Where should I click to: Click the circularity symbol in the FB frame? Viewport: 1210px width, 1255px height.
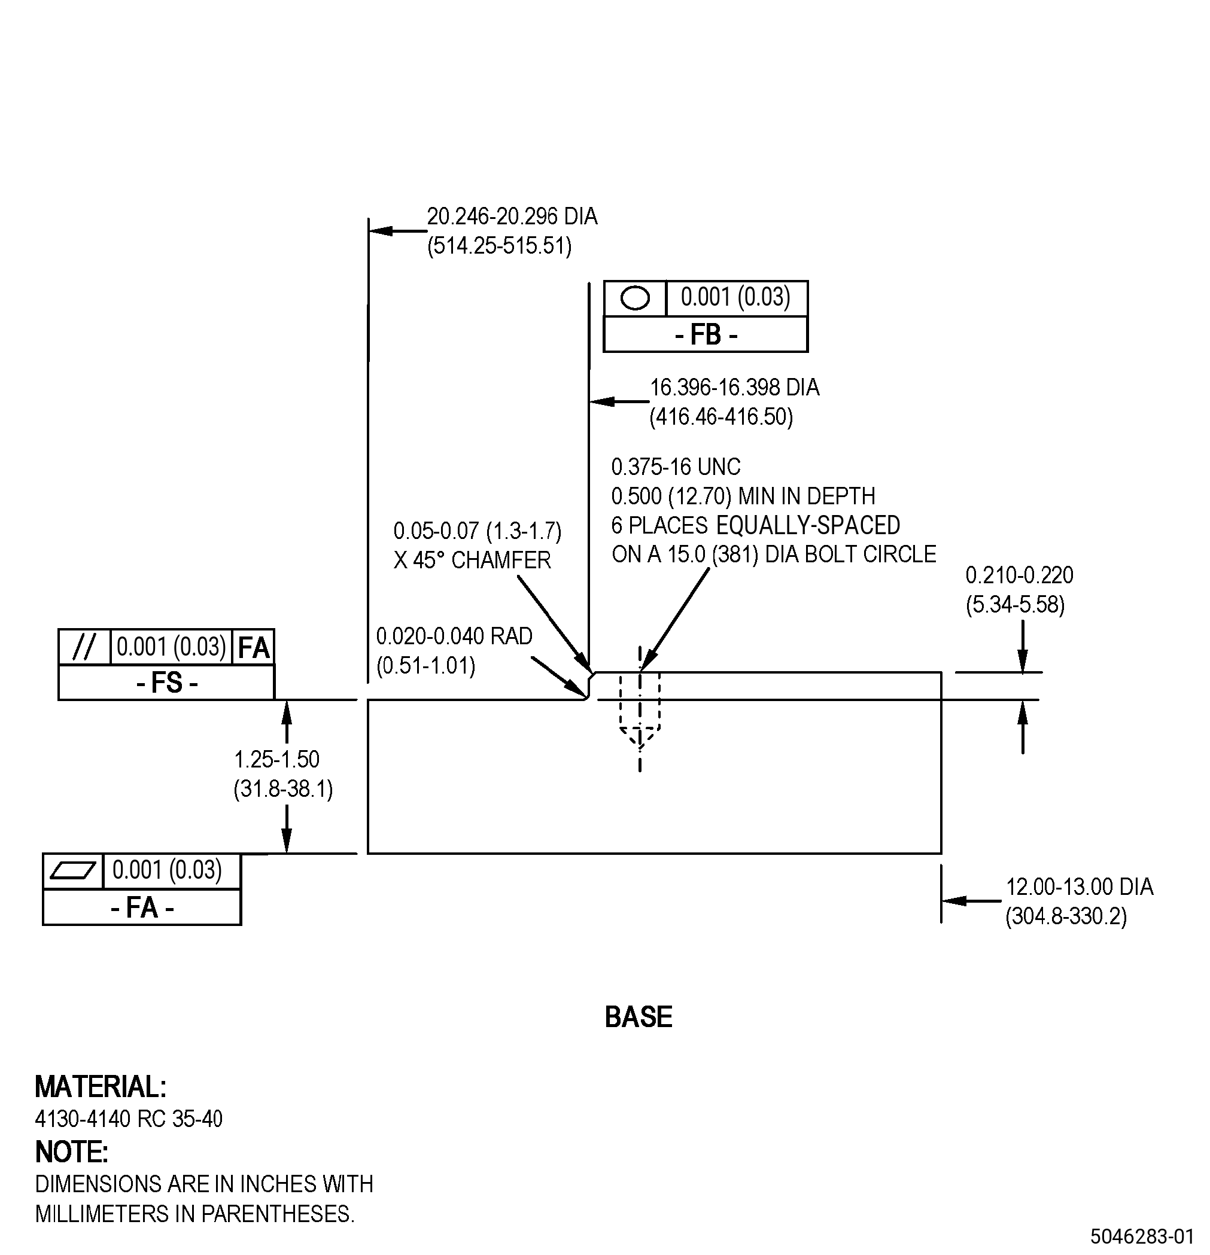click(x=635, y=298)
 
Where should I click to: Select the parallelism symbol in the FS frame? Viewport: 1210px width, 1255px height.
click(x=84, y=647)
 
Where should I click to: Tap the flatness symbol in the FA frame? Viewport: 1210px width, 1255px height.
click(x=72, y=871)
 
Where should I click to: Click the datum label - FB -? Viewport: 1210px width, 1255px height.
click(x=706, y=335)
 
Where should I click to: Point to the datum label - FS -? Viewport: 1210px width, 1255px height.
click(x=166, y=683)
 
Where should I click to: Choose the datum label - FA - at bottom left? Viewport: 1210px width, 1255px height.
click(x=142, y=907)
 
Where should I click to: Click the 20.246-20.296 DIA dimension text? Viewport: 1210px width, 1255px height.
click(x=512, y=217)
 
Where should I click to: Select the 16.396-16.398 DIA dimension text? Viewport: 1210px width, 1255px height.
click(x=735, y=388)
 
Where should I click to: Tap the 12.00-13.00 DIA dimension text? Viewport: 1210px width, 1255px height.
click(x=1080, y=887)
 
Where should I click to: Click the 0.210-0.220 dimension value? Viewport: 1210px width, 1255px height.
click(x=1019, y=575)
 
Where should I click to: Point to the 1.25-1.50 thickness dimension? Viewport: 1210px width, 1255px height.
click(x=276, y=760)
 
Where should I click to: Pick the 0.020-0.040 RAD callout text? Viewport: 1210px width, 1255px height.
click(x=454, y=636)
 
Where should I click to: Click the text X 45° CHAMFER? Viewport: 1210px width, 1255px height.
click(x=472, y=561)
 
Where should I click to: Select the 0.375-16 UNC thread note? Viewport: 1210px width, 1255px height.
click(x=676, y=467)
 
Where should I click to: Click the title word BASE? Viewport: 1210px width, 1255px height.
click(x=639, y=1017)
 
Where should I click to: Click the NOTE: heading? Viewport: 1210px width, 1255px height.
click(x=71, y=1152)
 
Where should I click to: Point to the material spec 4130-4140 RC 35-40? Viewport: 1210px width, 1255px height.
click(x=129, y=1119)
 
